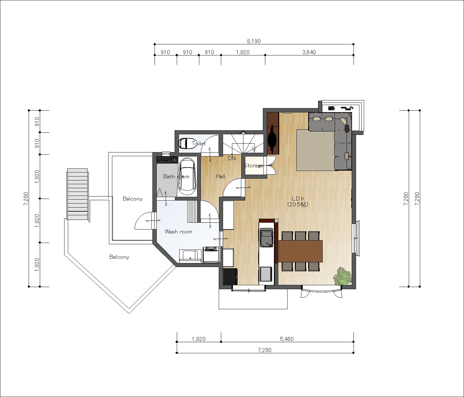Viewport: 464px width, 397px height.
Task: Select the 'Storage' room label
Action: [253, 165]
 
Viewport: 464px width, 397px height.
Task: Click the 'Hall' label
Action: [221, 176]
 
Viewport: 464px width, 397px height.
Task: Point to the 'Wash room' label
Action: [178, 232]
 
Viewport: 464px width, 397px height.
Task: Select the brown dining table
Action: [300, 251]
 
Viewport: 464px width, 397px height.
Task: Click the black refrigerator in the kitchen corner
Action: [230, 276]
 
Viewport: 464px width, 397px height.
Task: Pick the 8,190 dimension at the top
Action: [254, 41]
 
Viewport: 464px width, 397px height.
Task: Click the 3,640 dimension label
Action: [309, 52]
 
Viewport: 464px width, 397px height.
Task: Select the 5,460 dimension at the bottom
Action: [287, 339]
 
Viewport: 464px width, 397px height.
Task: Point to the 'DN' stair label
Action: [232, 158]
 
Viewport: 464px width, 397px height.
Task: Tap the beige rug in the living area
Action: [315, 150]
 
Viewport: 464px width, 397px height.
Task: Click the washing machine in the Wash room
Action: [211, 255]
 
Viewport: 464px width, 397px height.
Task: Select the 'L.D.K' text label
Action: [298, 198]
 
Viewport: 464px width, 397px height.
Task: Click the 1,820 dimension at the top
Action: [243, 52]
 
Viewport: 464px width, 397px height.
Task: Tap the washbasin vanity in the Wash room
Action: [190, 256]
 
